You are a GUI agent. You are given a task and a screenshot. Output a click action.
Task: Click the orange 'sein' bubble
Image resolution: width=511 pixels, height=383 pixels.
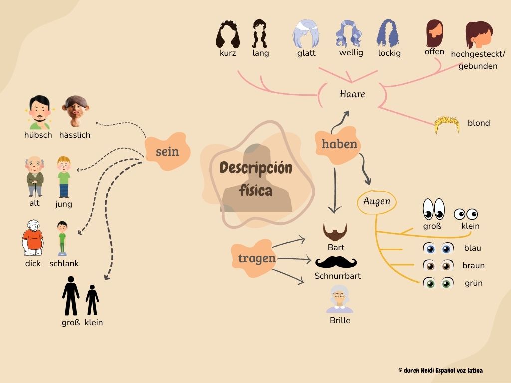167,152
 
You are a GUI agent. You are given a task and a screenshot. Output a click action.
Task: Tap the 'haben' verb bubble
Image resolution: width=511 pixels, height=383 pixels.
339,144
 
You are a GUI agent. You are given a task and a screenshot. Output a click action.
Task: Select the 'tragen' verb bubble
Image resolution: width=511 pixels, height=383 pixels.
256,258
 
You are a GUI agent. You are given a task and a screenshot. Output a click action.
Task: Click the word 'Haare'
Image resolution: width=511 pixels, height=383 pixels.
352,94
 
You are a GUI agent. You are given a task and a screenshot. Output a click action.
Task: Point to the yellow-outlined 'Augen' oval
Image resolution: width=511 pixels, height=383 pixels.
377,202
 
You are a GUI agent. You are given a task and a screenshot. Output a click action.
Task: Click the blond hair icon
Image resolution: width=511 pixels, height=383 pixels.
446,125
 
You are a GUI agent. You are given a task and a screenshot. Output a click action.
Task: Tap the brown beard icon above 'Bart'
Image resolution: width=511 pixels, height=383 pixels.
335,231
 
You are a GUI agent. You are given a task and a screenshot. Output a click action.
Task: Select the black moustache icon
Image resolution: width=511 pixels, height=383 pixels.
336,262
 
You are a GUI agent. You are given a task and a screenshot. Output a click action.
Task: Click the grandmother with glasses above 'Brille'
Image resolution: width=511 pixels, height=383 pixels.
340,299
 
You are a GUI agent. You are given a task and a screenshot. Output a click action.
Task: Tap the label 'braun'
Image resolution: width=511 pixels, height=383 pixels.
473,265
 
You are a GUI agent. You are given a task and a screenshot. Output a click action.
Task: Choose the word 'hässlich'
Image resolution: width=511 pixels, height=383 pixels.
75,135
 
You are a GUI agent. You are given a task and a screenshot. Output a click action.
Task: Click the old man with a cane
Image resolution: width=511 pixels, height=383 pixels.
34,177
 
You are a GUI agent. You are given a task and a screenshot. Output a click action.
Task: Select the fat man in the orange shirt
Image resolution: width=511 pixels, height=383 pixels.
33,238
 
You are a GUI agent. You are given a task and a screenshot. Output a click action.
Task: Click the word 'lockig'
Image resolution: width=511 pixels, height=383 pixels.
389,53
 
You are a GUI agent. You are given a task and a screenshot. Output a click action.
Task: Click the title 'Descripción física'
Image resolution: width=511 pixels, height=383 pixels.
255,178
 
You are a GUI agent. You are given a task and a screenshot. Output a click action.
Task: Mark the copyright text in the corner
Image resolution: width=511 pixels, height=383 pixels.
440,370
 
